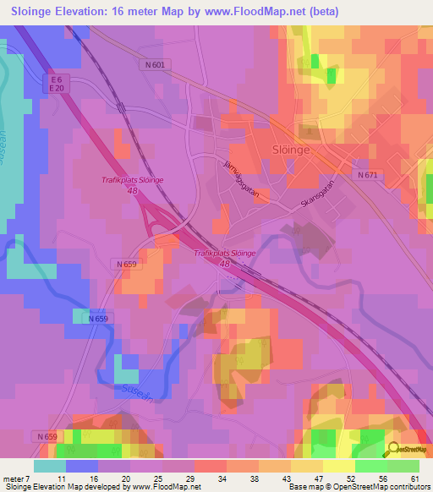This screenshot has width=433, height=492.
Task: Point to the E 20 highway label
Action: (x=57, y=88)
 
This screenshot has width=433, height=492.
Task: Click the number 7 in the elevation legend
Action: (x=28, y=479)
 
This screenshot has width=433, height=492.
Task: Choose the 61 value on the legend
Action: (x=414, y=479)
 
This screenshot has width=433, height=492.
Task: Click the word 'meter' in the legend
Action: (x=14, y=479)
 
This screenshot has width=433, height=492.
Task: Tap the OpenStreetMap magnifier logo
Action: (x=395, y=451)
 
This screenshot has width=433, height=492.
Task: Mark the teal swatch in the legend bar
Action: (x=49, y=466)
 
